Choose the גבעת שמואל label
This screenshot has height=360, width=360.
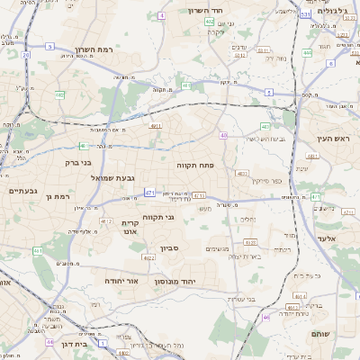pos(112,177)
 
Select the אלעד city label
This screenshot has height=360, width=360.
pos(325,238)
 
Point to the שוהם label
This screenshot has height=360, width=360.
pos(321,333)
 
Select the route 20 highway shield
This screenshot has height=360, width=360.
pos(49,45)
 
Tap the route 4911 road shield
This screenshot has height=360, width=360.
pos(156,126)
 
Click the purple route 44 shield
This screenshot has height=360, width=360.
pos(50,342)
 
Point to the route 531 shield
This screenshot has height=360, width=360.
pos(306,14)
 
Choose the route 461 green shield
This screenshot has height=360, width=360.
pos(37,250)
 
